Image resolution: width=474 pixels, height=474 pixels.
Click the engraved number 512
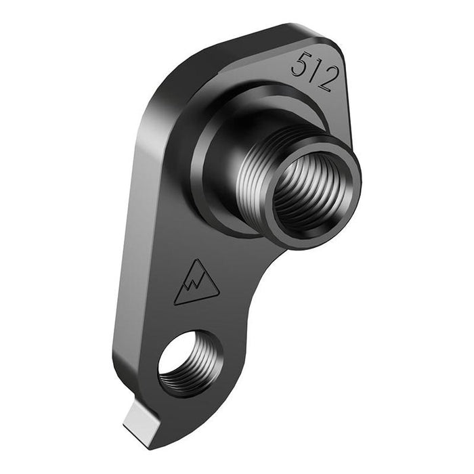click(x=313, y=71)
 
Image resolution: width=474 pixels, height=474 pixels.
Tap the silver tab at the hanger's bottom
click(x=141, y=416)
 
